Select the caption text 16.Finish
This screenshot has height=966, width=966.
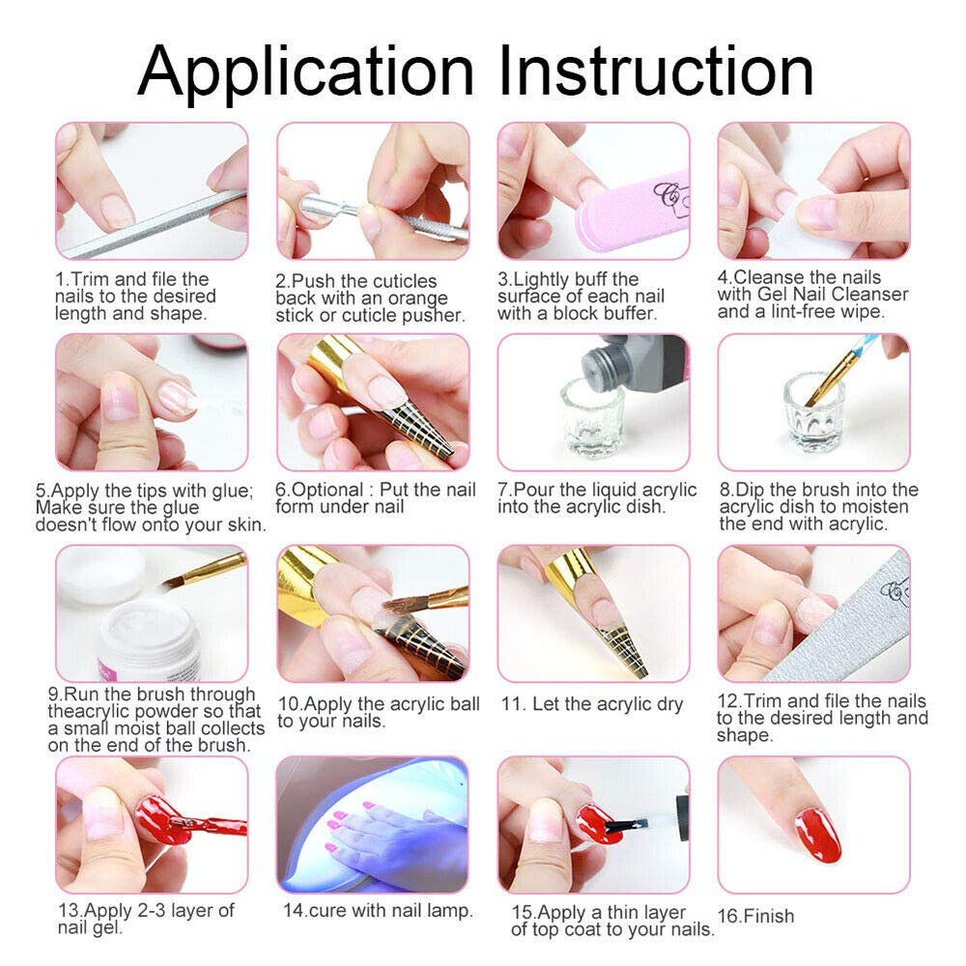point(755,915)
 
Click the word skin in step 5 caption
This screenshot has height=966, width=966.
point(247,525)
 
